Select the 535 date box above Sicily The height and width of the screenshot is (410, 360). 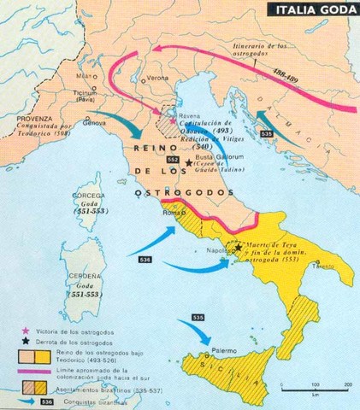point(198,316)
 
